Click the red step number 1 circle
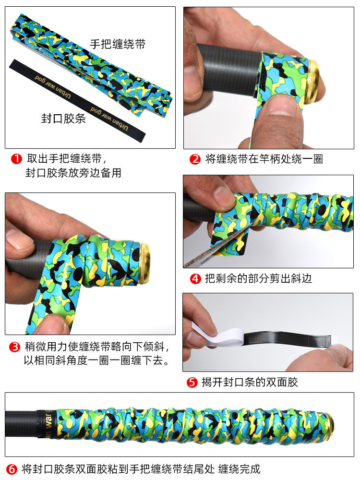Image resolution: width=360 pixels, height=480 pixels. (16, 158)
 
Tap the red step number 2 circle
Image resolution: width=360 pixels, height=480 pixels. (195, 159)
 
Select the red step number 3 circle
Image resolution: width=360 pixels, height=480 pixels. (15, 347)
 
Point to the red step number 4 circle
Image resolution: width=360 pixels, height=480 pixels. (195, 278)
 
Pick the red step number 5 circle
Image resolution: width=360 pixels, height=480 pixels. (192, 382)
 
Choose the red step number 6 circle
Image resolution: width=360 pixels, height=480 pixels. (12, 469)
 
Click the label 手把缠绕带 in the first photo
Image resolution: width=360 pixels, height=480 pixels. (118, 44)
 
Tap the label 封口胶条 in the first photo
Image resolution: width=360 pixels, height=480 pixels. (63, 119)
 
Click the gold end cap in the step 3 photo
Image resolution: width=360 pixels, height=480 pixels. (144, 263)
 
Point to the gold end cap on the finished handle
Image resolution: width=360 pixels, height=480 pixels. (329, 424)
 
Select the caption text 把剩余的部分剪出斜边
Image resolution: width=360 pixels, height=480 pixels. (258, 278)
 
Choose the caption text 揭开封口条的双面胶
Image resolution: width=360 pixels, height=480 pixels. (250, 382)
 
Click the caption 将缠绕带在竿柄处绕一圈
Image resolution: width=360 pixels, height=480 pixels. (264, 159)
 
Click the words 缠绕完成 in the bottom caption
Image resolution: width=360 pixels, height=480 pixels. (239, 469)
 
